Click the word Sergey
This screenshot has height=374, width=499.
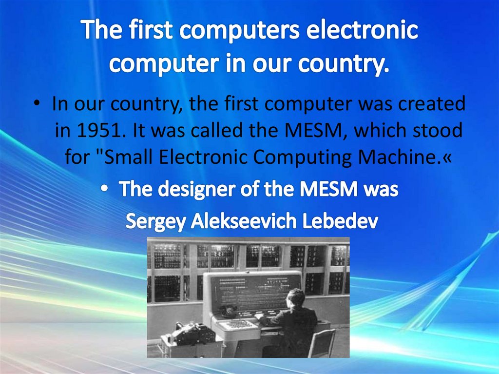(155, 222)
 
